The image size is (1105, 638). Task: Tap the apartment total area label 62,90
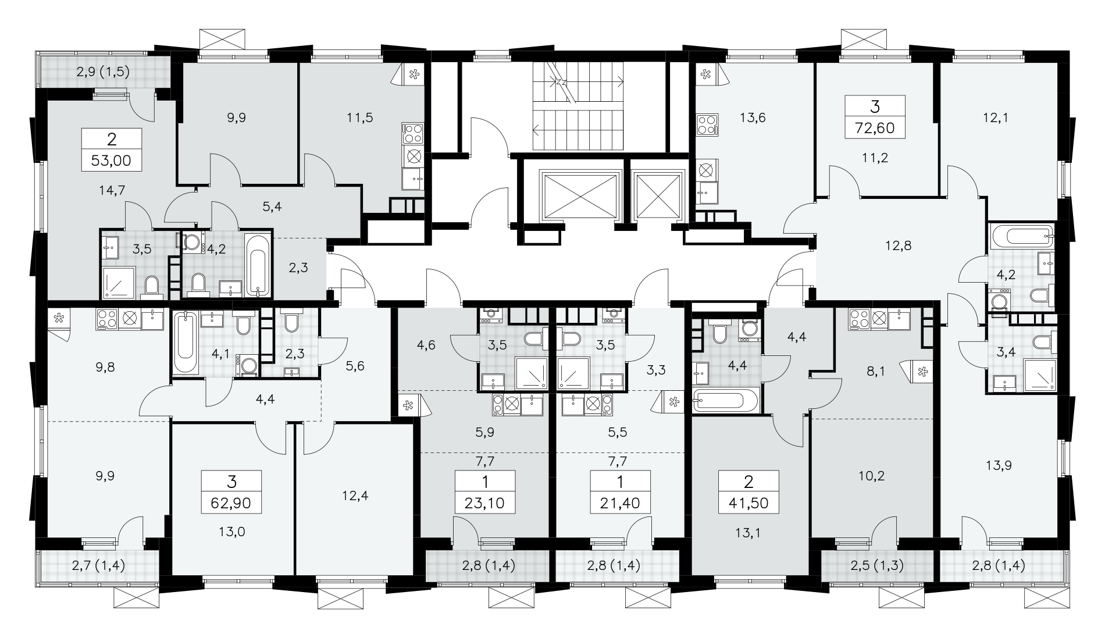tap(231, 502)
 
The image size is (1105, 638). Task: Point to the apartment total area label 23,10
tap(485, 502)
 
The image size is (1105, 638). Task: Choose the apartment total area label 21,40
tap(621, 502)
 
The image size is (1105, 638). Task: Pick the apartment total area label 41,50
tap(748, 502)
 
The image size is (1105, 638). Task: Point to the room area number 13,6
tap(754, 117)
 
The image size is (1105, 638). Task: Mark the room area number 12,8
tap(898, 245)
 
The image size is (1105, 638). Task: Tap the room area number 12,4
tap(356, 496)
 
